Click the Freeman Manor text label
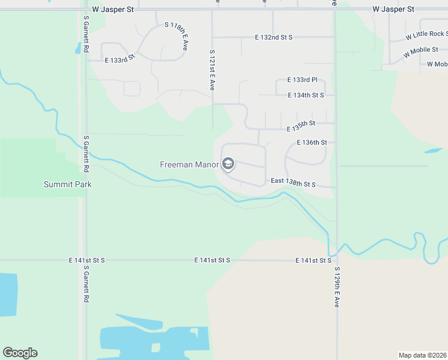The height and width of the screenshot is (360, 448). tap(189, 164)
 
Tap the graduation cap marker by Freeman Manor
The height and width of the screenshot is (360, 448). tap(228, 163)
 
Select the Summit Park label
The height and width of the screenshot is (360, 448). tap(68, 184)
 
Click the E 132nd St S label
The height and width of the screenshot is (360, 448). tap(274, 37)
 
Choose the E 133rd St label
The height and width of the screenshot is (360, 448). tap(120, 60)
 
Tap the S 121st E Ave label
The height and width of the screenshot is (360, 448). tap(212, 70)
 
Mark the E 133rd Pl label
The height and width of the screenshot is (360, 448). tap(302, 80)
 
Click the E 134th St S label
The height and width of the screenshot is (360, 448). tap(305, 95)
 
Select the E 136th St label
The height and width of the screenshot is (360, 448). tap(312, 143)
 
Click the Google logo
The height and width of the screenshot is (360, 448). tap(20, 353)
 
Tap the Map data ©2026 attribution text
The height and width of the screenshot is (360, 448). tap(422, 355)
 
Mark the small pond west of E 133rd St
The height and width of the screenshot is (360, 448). tap(78, 49)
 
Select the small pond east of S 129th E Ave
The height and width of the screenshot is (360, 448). tap(433, 151)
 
